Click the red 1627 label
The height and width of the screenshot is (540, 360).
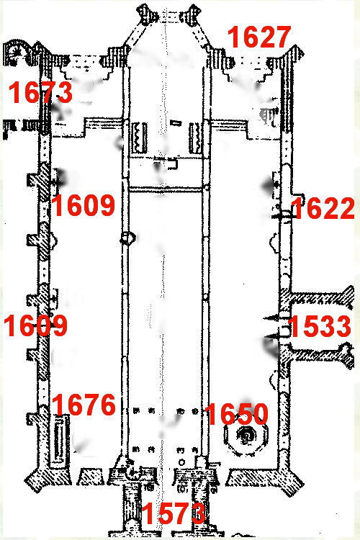click(x=259, y=37)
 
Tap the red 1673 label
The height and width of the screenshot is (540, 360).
click(x=40, y=92)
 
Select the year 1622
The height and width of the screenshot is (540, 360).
click(x=323, y=208)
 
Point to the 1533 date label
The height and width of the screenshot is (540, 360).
click(x=320, y=326)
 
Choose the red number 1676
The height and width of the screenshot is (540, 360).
click(x=84, y=405)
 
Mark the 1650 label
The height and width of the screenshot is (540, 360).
click(x=236, y=413)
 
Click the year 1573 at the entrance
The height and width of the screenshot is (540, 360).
click(x=174, y=513)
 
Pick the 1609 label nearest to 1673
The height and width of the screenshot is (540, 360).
click(x=83, y=205)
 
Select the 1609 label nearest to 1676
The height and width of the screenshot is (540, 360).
click(x=35, y=325)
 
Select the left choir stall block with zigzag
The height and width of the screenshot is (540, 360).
click(x=140, y=137)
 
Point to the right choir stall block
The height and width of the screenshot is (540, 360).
click(x=195, y=138)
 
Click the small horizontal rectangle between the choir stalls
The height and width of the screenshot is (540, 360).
click(x=176, y=123)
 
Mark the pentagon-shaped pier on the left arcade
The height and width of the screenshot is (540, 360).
click(x=127, y=238)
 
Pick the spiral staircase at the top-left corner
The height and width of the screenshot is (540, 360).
click(x=14, y=53)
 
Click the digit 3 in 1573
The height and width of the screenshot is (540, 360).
click(x=197, y=513)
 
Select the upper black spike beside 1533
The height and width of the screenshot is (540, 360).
click(x=273, y=318)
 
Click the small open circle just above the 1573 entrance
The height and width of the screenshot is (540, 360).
click(x=182, y=462)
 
